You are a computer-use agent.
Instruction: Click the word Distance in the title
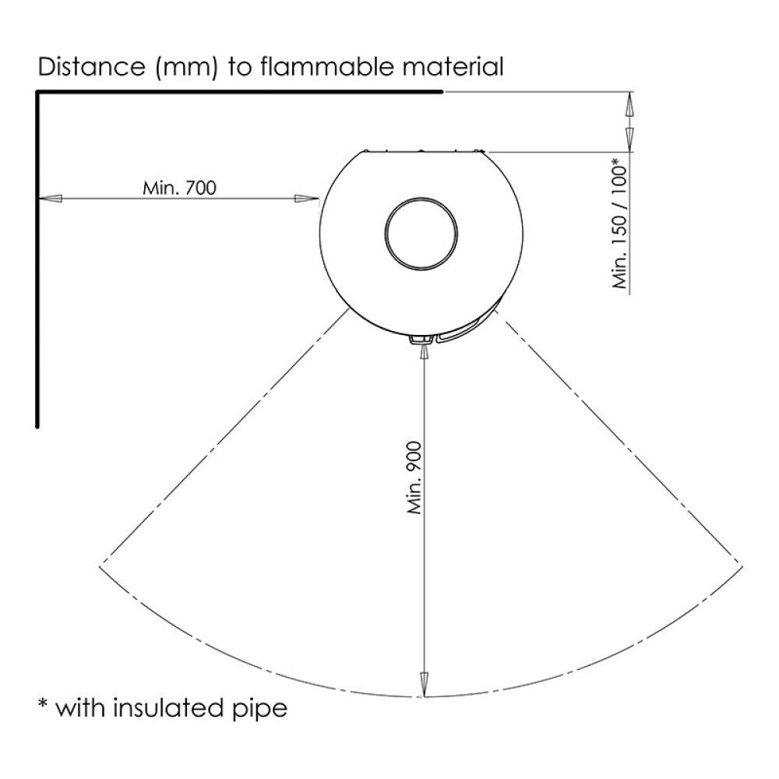91,66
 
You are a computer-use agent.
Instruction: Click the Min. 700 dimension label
179,189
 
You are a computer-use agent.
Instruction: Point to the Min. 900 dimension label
414,478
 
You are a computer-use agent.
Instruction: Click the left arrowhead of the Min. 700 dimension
50,199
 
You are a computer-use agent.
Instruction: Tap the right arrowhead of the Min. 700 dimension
307,199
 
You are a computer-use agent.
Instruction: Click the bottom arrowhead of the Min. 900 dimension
424,684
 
